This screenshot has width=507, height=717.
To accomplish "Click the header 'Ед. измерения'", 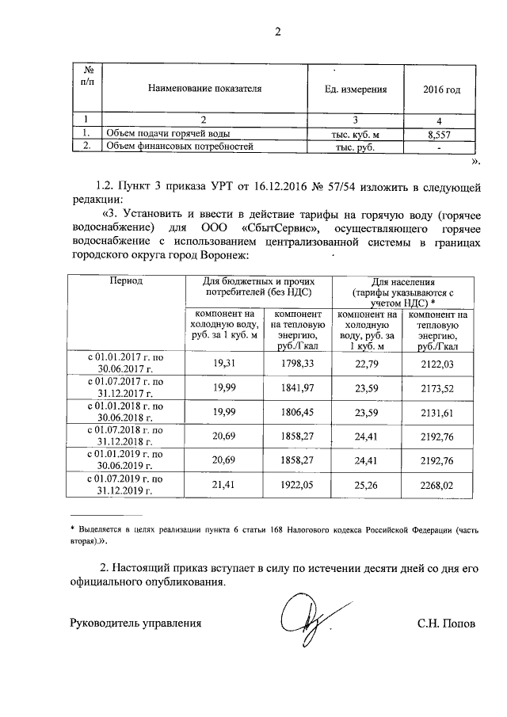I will pos(356,90).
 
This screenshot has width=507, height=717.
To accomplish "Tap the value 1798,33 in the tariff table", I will pos(298,363).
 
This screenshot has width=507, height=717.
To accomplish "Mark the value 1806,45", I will pos(298,412).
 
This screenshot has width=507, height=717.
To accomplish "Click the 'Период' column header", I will pos(126,281).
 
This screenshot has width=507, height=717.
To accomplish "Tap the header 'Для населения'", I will pos(404,281).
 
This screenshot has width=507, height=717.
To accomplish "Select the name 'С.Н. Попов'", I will pos(448,623).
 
